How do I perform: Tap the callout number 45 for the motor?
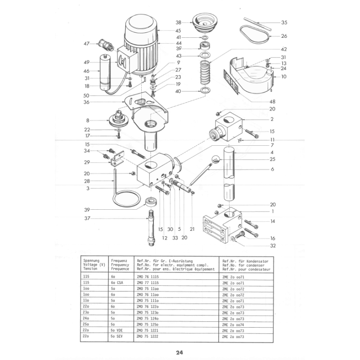(166, 31)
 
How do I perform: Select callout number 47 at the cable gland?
(87, 44)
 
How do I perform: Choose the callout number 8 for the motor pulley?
(88, 120)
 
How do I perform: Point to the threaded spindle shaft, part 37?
(150, 229)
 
